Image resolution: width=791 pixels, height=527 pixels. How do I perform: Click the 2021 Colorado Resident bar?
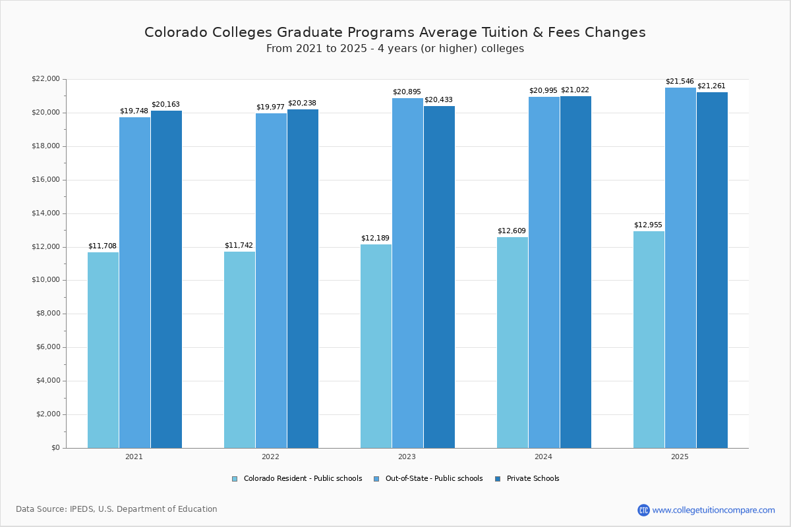tap(103, 350)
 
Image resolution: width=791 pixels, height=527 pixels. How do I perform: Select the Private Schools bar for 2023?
tap(439, 277)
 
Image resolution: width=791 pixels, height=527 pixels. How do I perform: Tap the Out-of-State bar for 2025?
tap(680, 267)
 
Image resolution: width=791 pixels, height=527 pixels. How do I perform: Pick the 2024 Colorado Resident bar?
tap(512, 343)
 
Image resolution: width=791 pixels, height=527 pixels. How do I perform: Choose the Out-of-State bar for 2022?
tap(271, 281)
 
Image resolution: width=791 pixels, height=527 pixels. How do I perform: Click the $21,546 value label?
tap(680, 82)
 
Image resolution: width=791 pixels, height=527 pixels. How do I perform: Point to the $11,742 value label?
tap(239, 246)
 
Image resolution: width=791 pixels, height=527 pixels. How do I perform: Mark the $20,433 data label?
tap(438, 100)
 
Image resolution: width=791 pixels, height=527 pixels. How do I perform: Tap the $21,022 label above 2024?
tap(575, 90)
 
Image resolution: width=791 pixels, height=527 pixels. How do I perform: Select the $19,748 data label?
tap(134, 111)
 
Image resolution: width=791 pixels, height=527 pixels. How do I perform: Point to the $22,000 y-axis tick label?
tap(45, 79)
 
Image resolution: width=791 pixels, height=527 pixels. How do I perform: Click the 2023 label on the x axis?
tap(407, 457)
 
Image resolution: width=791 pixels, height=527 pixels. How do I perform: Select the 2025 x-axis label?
tap(680, 457)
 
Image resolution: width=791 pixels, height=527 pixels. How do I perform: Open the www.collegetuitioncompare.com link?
tap(713, 510)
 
